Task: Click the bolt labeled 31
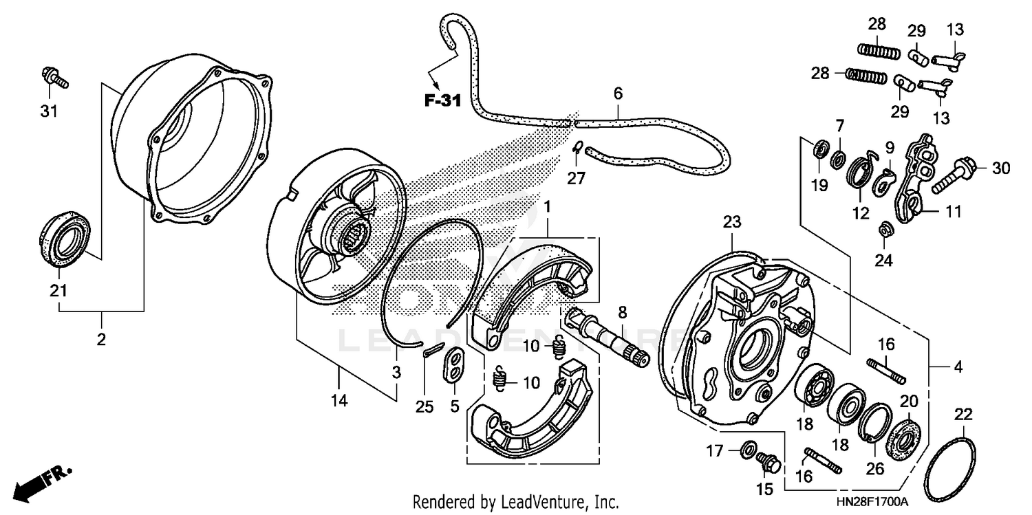[x=55, y=77]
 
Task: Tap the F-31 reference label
[x=441, y=101]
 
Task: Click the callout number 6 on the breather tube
[x=617, y=92]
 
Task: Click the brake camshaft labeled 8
[x=605, y=336]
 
